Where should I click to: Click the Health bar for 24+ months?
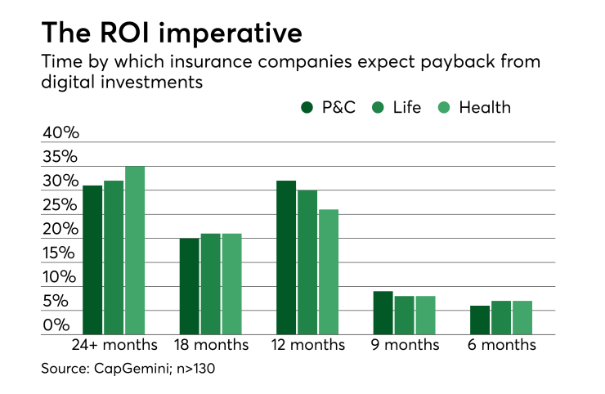tap(135, 250)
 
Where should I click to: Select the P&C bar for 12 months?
tap(286, 257)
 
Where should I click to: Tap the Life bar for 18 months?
tap(211, 284)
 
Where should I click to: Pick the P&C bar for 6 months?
tap(479, 320)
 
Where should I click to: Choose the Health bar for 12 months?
tap(329, 272)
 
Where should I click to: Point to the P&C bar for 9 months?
tap(383, 313)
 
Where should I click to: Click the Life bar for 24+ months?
tap(114, 257)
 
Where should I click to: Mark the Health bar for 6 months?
tap(522, 318)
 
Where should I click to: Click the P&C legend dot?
tap(307, 108)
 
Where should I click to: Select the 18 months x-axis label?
tap(210, 346)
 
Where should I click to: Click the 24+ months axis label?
tap(114, 346)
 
